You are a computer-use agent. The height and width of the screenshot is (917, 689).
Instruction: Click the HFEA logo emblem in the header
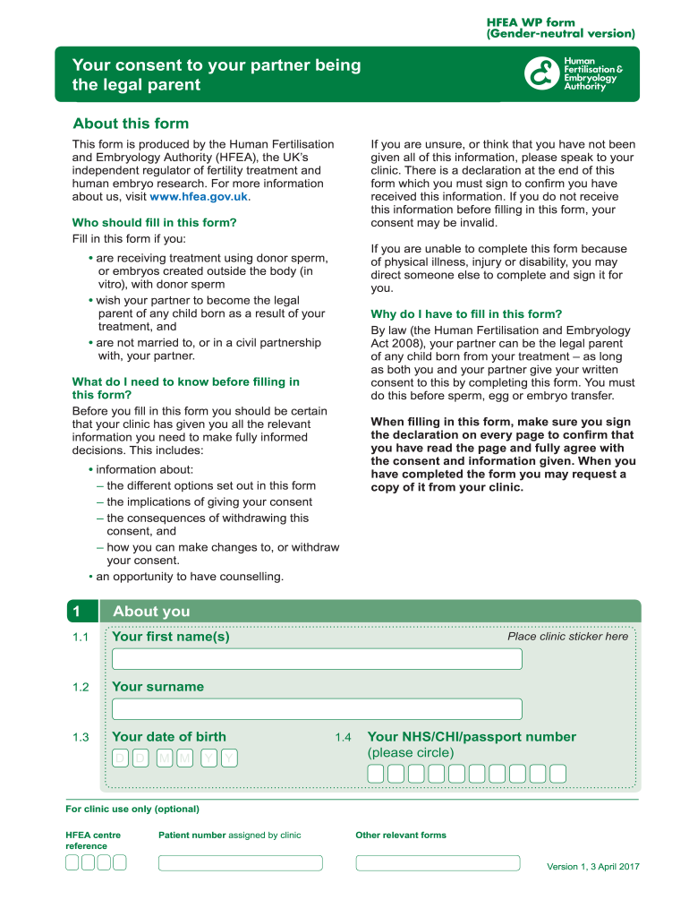click(540, 74)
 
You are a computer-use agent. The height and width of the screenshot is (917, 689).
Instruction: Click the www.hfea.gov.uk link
click(198, 197)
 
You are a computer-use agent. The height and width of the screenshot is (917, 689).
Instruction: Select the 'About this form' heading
click(131, 124)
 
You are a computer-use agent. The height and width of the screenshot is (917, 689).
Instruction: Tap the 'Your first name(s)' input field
click(317, 659)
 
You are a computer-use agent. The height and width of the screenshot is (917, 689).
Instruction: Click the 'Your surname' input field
click(317, 709)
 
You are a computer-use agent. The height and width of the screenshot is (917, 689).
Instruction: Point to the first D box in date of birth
click(120, 758)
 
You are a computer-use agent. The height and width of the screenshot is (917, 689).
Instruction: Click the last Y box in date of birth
click(230, 758)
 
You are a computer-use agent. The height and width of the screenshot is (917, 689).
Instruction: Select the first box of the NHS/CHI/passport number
click(377, 774)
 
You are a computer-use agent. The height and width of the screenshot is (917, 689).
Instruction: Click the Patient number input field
click(240, 863)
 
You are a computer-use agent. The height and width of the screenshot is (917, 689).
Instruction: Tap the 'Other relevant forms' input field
click(438, 863)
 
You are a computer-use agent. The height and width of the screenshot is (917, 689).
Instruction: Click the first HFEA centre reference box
click(71, 863)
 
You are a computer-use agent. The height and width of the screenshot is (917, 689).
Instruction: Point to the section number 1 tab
click(78, 612)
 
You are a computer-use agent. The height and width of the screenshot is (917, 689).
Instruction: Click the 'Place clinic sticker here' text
click(567, 637)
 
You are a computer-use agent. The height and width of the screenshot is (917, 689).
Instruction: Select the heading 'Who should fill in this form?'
click(154, 223)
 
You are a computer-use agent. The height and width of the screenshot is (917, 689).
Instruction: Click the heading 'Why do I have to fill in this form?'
click(466, 314)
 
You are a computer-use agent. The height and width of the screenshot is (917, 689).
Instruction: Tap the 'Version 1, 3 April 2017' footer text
click(592, 867)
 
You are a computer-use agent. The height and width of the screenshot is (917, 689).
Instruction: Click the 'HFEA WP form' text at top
click(530, 21)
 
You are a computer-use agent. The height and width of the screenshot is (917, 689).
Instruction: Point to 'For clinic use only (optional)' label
click(132, 810)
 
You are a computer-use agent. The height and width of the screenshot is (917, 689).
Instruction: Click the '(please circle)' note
click(411, 752)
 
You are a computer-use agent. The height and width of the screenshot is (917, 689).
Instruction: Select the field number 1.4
click(344, 738)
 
